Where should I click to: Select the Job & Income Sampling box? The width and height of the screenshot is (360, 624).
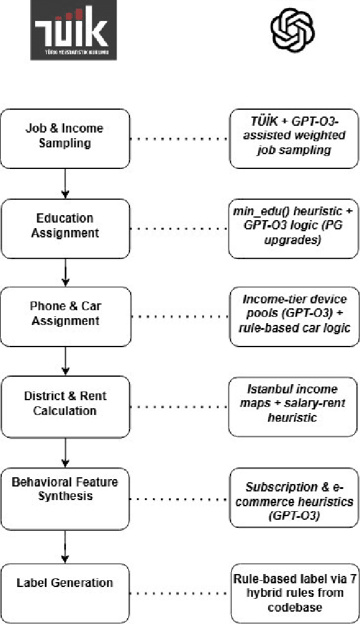[x=65, y=136]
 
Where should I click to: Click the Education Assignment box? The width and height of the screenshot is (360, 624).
[x=65, y=226]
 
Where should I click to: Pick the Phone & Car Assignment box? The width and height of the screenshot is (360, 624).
[x=65, y=313]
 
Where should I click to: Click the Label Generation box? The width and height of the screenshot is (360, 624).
[x=65, y=582]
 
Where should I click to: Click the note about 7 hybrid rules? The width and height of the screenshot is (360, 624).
[x=293, y=582]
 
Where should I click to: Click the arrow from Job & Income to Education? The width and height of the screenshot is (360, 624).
[x=65, y=181]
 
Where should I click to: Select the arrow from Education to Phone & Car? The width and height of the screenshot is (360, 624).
[x=65, y=269]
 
